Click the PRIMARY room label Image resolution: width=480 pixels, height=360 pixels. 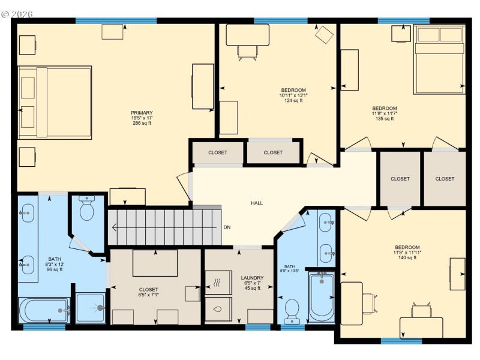142,113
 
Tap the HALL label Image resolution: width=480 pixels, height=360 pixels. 257,203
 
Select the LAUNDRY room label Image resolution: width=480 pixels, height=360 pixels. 253,278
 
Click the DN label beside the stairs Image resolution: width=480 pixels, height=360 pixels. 227,227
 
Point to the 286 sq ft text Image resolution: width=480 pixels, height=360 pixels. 142,124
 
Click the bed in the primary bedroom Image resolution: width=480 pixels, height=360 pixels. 55,103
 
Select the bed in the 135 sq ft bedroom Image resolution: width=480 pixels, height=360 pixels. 439,59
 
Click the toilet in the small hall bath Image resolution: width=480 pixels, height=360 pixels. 292,310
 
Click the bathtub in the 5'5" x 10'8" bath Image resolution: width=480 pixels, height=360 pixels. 322,296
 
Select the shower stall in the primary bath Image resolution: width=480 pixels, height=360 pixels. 91,308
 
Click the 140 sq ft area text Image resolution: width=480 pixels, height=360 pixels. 407,258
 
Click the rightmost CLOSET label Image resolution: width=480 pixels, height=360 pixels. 445,179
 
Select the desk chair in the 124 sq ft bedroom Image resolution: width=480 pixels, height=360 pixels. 247,52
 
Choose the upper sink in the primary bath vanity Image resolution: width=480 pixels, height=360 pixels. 28,211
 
